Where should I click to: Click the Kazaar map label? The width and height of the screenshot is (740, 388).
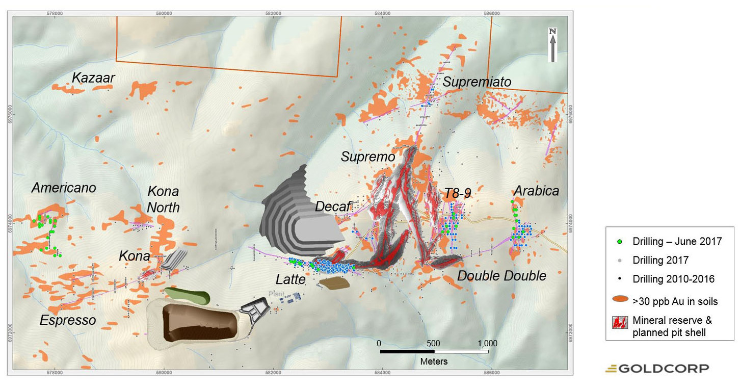[93, 78]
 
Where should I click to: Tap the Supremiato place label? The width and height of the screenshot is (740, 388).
[477, 82]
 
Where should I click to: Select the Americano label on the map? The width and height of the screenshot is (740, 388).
[64, 188]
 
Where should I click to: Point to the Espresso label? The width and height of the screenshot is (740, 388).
[68, 320]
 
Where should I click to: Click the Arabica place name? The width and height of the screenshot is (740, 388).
[536, 191]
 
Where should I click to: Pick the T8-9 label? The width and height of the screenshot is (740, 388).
[457, 193]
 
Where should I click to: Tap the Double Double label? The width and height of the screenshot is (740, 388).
[501, 276]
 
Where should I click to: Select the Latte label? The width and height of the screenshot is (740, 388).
[290, 279]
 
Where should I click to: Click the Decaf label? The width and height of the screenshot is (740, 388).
[333, 206]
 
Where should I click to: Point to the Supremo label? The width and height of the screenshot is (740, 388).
[368, 157]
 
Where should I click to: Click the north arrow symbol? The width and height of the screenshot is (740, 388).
[552, 45]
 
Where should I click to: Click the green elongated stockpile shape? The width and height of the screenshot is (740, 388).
[187, 295]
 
